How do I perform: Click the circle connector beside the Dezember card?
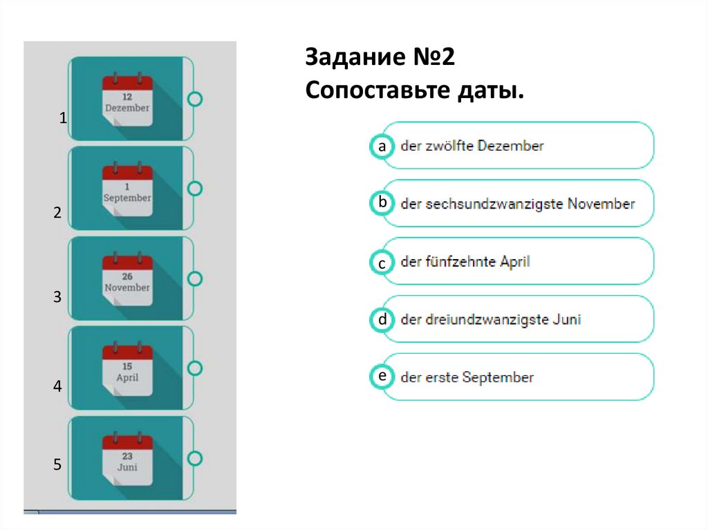195,99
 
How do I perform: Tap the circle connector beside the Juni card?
195,458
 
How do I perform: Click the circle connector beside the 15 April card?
195,368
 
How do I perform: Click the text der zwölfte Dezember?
472,146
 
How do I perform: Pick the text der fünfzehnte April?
465,263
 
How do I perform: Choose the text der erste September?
467,378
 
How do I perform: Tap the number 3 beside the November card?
58,298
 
